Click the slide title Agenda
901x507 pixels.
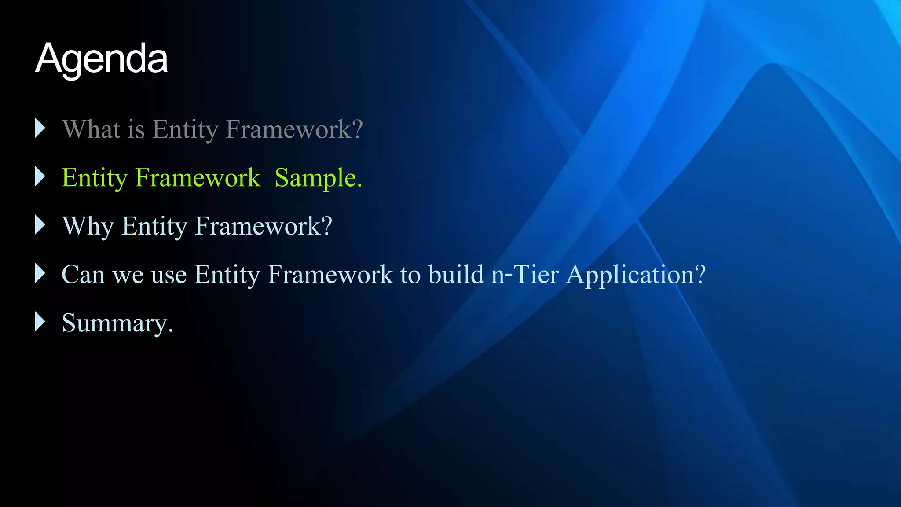(x=101, y=59)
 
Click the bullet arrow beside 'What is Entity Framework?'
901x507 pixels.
(x=40, y=128)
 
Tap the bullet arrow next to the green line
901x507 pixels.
(x=40, y=176)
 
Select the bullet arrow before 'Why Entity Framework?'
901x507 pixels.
(x=40, y=225)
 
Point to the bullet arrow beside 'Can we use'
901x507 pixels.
(x=40, y=273)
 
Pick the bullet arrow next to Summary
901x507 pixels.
(x=40, y=322)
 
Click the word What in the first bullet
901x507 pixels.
(x=91, y=129)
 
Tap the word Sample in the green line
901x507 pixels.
(x=318, y=178)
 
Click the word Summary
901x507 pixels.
(x=117, y=323)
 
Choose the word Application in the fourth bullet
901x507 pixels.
(x=636, y=276)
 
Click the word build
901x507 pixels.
(x=456, y=275)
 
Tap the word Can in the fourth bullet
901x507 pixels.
(x=83, y=275)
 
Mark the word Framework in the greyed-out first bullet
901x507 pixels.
(x=294, y=129)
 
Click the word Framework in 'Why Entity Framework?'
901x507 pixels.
(x=263, y=226)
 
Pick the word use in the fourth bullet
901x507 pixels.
(x=169, y=276)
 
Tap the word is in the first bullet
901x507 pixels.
(x=136, y=129)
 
